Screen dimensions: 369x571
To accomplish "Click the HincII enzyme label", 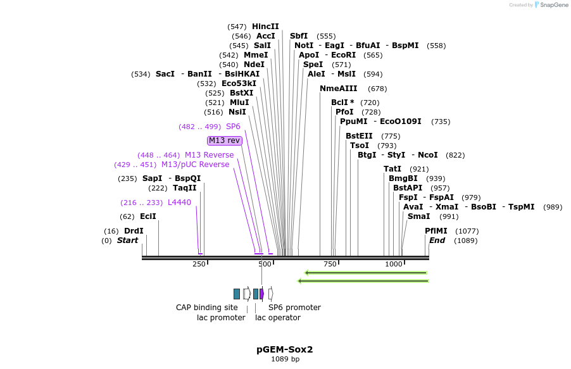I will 265,27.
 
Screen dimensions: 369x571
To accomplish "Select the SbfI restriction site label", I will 299,36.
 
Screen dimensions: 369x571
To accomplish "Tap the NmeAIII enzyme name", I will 339,89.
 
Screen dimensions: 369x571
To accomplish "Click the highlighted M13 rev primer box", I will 225,141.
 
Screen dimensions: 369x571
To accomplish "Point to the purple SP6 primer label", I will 233,127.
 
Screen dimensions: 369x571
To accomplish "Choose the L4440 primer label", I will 179,203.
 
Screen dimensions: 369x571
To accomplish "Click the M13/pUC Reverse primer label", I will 195,165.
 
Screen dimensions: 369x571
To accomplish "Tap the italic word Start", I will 127,241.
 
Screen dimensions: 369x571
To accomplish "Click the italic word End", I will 437,241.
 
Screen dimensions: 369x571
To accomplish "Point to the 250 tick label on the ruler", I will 199,264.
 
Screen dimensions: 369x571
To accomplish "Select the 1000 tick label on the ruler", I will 394,264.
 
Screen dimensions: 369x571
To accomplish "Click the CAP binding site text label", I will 207,308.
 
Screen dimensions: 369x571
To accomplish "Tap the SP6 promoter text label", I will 294,308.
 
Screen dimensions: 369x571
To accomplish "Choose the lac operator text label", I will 278,318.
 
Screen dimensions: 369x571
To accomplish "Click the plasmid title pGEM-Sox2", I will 285,349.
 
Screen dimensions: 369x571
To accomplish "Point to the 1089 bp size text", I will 285,360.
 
